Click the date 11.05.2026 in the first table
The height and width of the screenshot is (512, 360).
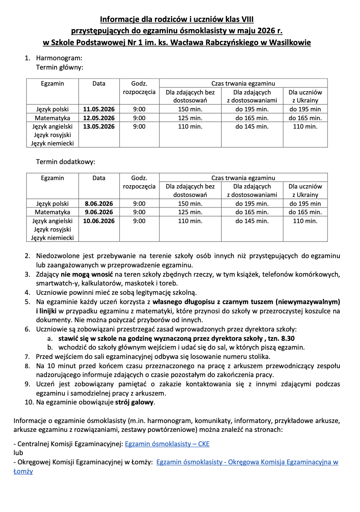[x=99, y=109]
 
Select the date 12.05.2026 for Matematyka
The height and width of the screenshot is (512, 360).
[x=99, y=118]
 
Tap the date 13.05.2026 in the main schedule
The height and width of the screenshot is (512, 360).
[x=99, y=127]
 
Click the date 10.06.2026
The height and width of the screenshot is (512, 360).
[x=99, y=221]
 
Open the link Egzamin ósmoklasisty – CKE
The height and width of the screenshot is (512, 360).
[x=167, y=444]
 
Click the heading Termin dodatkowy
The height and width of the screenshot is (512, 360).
[x=65, y=162]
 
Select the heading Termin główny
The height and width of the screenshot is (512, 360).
[x=60, y=67]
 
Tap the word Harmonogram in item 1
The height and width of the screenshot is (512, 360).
[x=59, y=58]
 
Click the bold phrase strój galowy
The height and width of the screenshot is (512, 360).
[x=135, y=402]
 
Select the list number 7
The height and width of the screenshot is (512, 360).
[x=27, y=357]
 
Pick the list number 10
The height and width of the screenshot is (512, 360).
[x=29, y=402]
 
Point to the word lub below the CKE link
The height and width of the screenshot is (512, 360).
[x=18, y=453]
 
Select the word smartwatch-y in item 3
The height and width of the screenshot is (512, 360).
[x=56, y=283]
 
